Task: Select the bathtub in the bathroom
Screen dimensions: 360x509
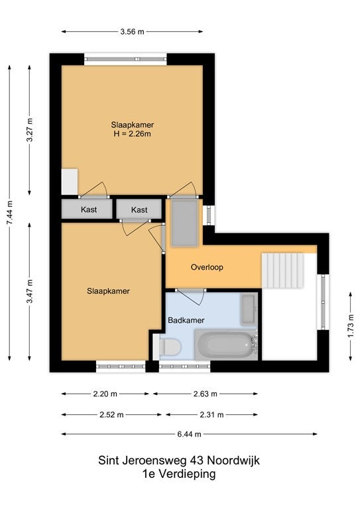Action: click(x=225, y=345)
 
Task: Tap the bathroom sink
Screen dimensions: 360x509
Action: click(x=249, y=309)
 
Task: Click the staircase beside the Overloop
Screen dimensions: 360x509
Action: click(x=282, y=270)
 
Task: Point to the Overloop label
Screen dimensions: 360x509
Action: click(x=207, y=267)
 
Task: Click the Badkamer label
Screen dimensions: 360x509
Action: click(x=186, y=320)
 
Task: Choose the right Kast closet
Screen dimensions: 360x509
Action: click(x=139, y=209)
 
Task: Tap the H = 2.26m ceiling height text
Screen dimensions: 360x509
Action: click(x=132, y=134)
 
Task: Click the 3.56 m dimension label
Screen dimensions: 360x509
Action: click(x=132, y=32)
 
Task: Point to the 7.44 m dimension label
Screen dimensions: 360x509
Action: click(x=10, y=213)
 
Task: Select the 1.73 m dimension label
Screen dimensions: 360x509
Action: click(x=351, y=325)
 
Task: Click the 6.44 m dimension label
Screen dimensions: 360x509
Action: click(x=189, y=434)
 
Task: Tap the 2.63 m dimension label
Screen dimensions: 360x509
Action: click(x=205, y=394)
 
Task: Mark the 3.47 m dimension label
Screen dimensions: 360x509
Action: click(x=30, y=291)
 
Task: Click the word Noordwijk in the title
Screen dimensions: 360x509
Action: click(x=233, y=461)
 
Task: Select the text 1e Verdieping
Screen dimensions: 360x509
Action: click(x=179, y=474)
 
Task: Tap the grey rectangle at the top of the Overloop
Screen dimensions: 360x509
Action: click(x=185, y=223)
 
